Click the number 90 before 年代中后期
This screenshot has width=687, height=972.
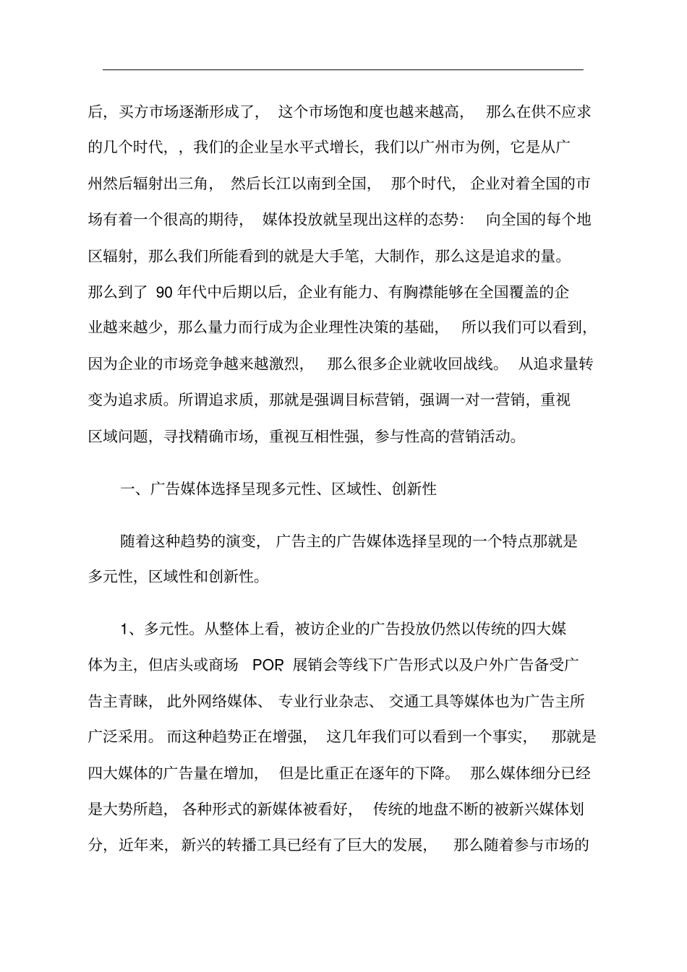[163, 292]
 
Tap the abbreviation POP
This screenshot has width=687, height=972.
[268, 665]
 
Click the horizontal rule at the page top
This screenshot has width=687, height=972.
[343, 69]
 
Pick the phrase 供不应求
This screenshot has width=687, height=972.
[561, 112]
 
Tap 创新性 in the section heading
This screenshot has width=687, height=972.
[414, 489]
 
